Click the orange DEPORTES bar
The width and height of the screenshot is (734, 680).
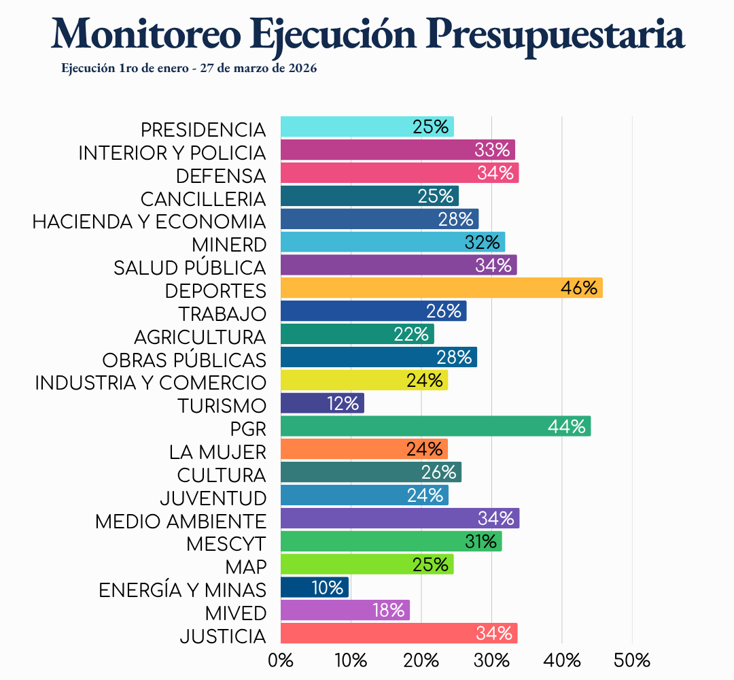[x=440, y=288]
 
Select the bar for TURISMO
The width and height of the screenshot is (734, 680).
[x=321, y=403]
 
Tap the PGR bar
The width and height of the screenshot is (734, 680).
[x=435, y=426]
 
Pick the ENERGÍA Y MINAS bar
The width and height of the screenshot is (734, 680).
[x=314, y=588]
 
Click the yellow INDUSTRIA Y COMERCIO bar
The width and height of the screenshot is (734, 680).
[x=364, y=380]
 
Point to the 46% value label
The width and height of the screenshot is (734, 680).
[x=579, y=288]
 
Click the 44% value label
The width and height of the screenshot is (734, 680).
[x=567, y=426]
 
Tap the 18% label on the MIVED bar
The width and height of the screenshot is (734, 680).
[x=389, y=611]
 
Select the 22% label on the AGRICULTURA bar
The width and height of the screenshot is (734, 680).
[x=411, y=334]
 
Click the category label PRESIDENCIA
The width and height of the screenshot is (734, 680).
[x=203, y=129]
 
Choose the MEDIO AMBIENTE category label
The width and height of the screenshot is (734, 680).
[x=181, y=522]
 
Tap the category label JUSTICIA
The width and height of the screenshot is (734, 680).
[x=223, y=637]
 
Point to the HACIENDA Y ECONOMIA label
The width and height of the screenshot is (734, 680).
[x=150, y=222]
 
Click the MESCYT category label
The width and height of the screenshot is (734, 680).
[x=226, y=544]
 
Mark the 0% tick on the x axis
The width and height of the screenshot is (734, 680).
[x=281, y=660]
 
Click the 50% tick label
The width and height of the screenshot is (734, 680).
[x=632, y=660]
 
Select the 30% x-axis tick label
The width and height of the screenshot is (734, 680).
[x=491, y=660]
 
